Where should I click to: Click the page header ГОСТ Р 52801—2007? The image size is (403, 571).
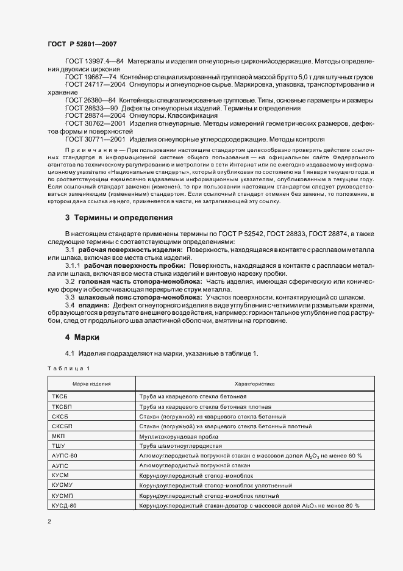[x=82, y=44]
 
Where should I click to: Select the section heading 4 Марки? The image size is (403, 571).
[x=82, y=337]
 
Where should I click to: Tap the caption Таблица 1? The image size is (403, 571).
[x=68, y=368]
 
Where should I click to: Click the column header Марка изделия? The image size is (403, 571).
[x=91, y=384]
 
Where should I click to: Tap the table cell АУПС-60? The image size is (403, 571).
[x=65, y=455]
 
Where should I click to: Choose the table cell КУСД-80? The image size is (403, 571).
[x=65, y=505]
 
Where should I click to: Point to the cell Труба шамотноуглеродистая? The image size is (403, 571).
[x=178, y=445]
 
